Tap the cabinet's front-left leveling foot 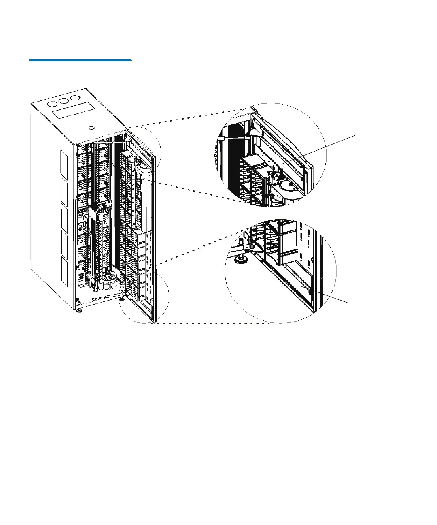click(79, 311)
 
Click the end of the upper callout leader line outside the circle click(355, 135)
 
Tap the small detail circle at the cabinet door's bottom click(144, 298)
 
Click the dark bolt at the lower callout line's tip click(310, 291)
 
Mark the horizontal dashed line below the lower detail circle click(210, 323)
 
